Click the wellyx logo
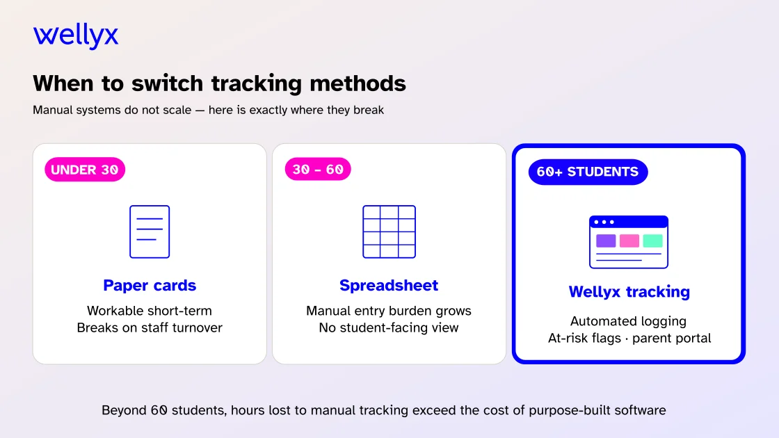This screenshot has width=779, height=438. (x=76, y=35)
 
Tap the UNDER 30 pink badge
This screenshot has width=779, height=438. (x=85, y=170)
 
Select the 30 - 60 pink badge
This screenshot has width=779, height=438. (x=318, y=170)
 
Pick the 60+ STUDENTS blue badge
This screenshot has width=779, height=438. (x=588, y=172)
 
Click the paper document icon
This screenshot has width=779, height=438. (x=150, y=232)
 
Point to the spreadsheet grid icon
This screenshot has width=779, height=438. (x=389, y=232)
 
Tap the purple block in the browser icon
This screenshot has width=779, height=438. (x=606, y=241)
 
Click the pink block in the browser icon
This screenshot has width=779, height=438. (x=629, y=241)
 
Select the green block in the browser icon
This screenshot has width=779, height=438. (x=653, y=241)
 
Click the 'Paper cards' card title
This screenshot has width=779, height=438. (x=150, y=285)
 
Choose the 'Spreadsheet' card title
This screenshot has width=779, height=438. (x=389, y=285)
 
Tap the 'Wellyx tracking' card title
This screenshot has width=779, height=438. (x=629, y=292)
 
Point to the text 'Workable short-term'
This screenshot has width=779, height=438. (x=150, y=311)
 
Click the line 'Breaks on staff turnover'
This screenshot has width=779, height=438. (x=150, y=327)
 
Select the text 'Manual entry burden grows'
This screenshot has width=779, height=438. (x=389, y=311)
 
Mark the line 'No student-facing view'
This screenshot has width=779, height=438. (x=389, y=327)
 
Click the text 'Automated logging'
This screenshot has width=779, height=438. (x=629, y=321)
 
